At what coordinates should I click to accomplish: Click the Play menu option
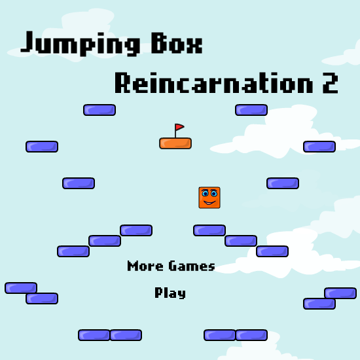point(170,293)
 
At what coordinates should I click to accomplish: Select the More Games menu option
point(171,266)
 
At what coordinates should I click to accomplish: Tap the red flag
point(179,127)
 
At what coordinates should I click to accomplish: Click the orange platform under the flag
point(175,143)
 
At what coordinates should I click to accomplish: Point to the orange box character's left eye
point(205,193)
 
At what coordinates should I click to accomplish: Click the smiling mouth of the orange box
point(209,203)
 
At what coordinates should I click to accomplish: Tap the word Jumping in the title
point(80,44)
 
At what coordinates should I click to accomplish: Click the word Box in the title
point(177,43)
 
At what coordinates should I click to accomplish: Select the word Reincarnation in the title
point(214,82)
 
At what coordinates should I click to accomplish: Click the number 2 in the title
point(330,83)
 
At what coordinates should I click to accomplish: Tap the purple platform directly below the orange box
point(209,230)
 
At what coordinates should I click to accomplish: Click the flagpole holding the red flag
point(175,131)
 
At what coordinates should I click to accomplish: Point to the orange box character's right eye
point(214,194)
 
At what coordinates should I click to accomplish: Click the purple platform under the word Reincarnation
point(251,110)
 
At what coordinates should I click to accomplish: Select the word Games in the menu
point(192,266)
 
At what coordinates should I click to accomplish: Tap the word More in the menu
point(145,266)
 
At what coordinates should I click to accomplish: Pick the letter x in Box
point(194,46)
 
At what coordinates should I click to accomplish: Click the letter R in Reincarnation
point(122,82)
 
